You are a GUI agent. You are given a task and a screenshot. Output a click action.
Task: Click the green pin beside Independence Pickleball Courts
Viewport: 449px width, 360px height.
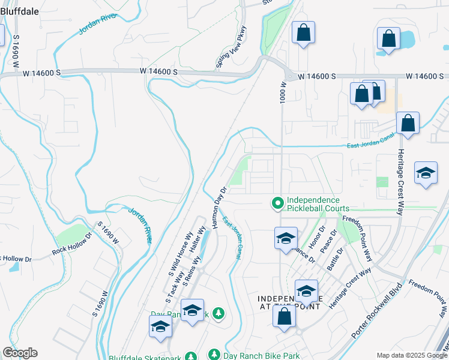click(277, 205)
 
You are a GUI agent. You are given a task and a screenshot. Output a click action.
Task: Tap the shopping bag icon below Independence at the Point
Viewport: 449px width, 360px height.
click(285, 316)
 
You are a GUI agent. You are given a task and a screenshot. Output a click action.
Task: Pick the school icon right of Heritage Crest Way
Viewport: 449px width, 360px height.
click(426, 174)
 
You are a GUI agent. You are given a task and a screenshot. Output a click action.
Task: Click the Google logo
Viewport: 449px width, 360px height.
click(19, 353)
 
